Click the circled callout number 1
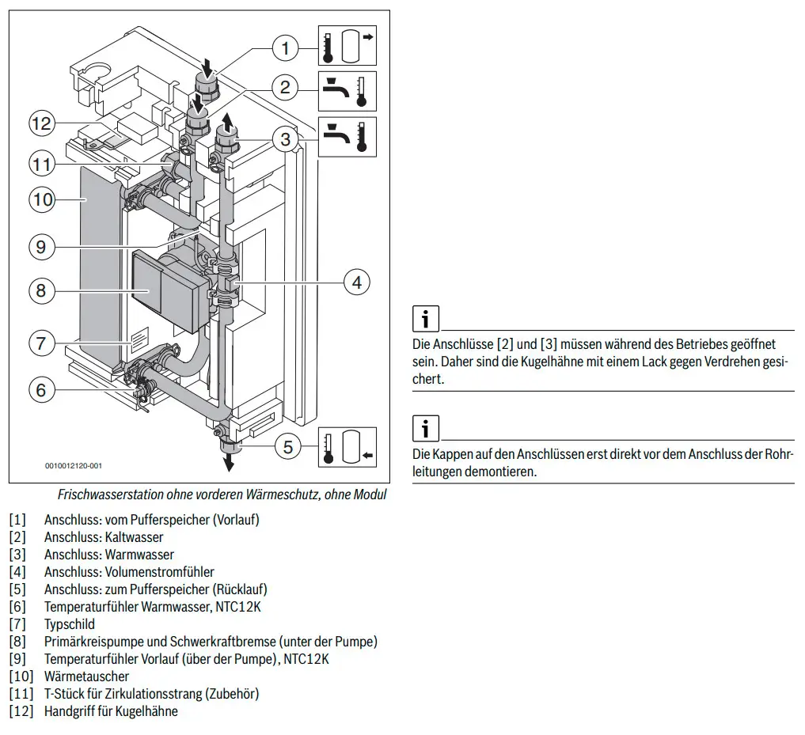point(285,48)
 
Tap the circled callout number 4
point(357,282)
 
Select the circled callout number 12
point(42,123)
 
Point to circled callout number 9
point(41,247)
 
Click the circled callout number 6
point(41,390)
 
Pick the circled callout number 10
point(42,199)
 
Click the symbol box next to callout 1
point(347,46)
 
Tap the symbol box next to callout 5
point(347,447)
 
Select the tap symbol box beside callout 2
point(347,91)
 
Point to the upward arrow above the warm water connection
point(226,123)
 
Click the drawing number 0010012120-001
point(74,466)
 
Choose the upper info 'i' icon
point(426,319)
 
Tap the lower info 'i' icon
point(426,428)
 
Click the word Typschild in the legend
point(70,625)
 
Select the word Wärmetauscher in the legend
point(86,676)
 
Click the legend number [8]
point(17,642)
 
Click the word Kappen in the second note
point(450,455)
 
